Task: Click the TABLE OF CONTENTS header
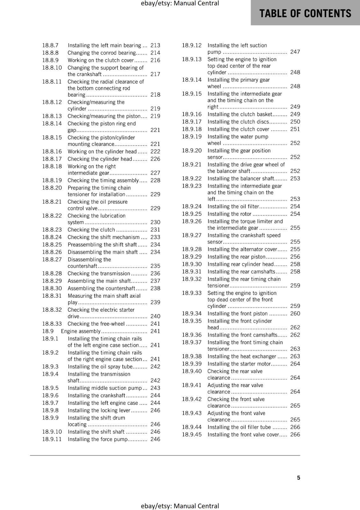[305, 13]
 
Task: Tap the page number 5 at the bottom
[299, 477]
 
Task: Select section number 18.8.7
[50, 45]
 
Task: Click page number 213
[155, 45]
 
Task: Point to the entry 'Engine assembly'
[81, 331]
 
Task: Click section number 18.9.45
[192, 434]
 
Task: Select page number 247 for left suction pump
[295, 52]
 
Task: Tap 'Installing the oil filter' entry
[233, 206]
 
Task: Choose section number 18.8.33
[52, 324]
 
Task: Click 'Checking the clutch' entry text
[91, 229]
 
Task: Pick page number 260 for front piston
[295, 313]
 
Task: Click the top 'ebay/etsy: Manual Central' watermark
[180, 4]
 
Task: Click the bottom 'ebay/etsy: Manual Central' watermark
[180, 506]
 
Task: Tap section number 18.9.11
[52, 439]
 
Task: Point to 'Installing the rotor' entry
[229, 214]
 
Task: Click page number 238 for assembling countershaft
[155, 288]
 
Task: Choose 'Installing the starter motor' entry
[239, 364]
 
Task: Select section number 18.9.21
[192, 164]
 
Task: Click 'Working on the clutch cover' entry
[101, 60]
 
